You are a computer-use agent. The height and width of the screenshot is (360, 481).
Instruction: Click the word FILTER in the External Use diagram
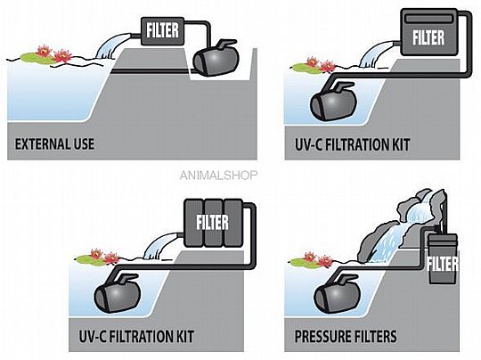click(162, 30)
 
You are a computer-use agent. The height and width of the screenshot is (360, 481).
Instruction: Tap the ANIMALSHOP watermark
click(218, 176)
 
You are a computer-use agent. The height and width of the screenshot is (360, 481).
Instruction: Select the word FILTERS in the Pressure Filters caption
click(375, 336)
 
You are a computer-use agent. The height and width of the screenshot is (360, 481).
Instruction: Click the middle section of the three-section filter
click(213, 223)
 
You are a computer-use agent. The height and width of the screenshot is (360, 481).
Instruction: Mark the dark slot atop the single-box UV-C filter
click(428, 19)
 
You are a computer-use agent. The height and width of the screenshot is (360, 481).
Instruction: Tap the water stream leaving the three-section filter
click(160, 246)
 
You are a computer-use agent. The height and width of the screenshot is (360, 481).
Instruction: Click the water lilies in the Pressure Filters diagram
click(317, 260)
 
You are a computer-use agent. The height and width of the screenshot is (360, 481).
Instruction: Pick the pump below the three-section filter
click(118, 294)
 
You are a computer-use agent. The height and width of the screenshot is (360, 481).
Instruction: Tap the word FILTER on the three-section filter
click(213, 222)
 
